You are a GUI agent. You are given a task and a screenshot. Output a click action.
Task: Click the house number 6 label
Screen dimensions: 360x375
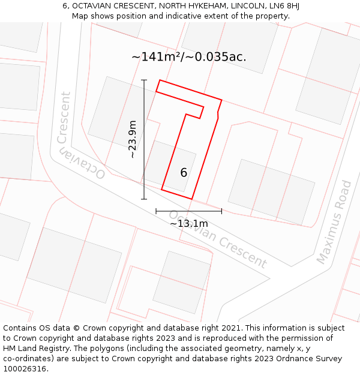(184, 173)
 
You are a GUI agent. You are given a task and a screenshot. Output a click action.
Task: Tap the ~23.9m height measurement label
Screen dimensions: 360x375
(133, 139)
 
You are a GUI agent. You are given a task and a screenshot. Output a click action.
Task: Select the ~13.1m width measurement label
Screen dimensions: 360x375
(188, 223)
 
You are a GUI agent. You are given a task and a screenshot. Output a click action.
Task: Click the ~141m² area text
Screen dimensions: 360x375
(156, 57)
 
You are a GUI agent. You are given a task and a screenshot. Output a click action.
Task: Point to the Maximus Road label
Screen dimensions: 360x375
(334, 222)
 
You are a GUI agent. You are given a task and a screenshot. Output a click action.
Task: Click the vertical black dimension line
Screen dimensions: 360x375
(144, 139)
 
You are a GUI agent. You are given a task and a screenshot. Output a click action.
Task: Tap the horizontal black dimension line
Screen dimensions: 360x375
(188, 211)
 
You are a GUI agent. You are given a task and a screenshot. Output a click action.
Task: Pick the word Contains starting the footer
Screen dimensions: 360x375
(22, 328)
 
